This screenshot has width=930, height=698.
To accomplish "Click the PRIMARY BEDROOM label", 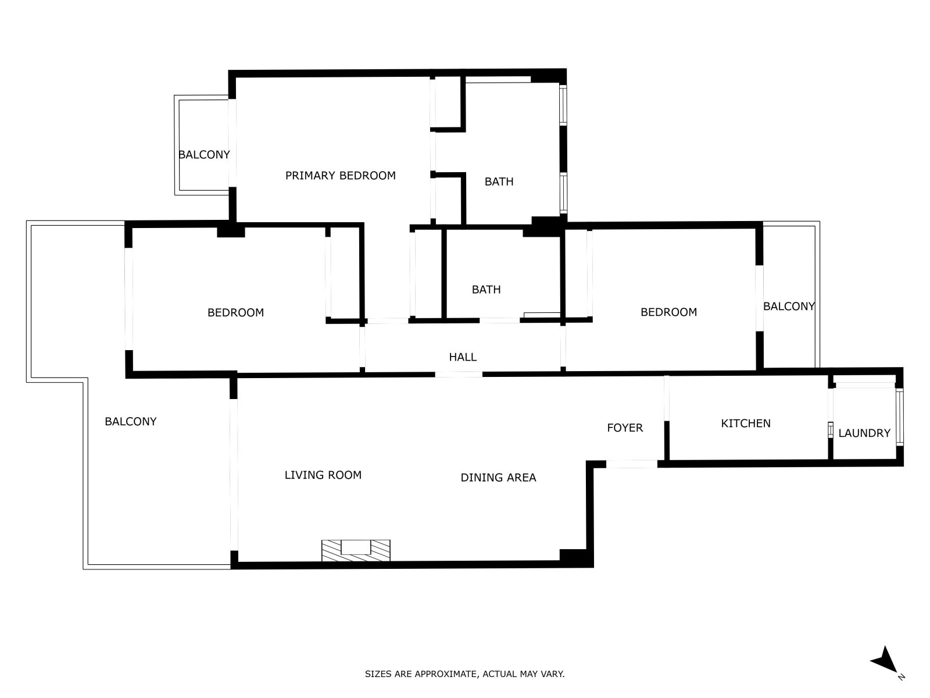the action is [340, 176].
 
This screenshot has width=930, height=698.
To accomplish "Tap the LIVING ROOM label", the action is [323, 475].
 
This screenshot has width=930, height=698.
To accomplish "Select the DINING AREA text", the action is [498, 478].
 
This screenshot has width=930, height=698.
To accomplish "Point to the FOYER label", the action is [625, 428].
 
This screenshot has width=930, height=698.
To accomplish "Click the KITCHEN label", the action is [746, 423].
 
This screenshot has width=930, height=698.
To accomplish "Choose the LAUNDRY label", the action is [864, 433].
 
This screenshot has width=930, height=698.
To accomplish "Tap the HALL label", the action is [463, 357].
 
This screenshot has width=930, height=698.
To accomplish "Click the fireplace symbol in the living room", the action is [356, 550].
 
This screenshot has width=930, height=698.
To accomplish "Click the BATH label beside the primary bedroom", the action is [499, 182].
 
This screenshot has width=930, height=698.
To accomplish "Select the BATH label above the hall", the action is [487, 290].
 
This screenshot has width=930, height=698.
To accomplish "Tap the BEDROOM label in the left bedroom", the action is [235, 313].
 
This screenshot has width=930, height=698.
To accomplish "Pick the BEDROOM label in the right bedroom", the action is [668, 312].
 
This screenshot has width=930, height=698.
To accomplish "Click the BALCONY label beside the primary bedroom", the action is [204, 155].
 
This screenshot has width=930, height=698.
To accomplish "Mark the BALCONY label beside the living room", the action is [131, 422].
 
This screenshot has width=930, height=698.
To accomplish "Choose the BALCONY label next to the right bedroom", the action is [789, 307].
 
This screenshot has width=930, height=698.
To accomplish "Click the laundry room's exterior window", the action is [899, 417].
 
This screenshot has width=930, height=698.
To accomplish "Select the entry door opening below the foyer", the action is [632, 464].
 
